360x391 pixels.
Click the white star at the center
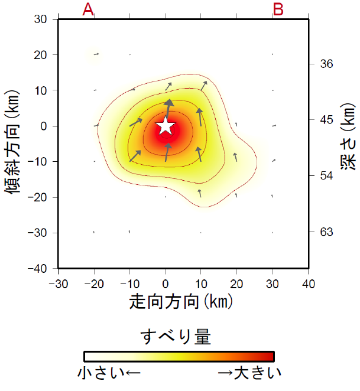pos(166,126)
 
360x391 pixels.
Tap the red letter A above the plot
pos(88,9)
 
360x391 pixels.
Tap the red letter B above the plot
pos(278,9)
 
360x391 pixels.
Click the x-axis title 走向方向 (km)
pos(181,302)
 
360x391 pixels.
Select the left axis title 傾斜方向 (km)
pos(12,143)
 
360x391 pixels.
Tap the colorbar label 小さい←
pos(109,373)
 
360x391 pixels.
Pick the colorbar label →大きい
pos(249,373)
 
